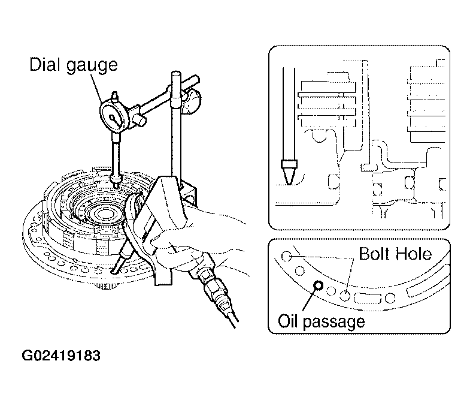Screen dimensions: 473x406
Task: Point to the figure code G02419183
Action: point(61,356)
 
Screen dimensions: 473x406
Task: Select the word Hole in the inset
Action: point(414,254)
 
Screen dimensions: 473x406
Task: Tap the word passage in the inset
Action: point(333,323)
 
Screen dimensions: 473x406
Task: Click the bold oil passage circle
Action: point(318,285)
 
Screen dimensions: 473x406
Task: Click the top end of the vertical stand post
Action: point(176,73)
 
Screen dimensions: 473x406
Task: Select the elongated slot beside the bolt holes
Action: point(368,299)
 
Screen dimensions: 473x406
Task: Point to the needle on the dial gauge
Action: point(115,119)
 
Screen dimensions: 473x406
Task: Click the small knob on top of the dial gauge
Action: point(114,96)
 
